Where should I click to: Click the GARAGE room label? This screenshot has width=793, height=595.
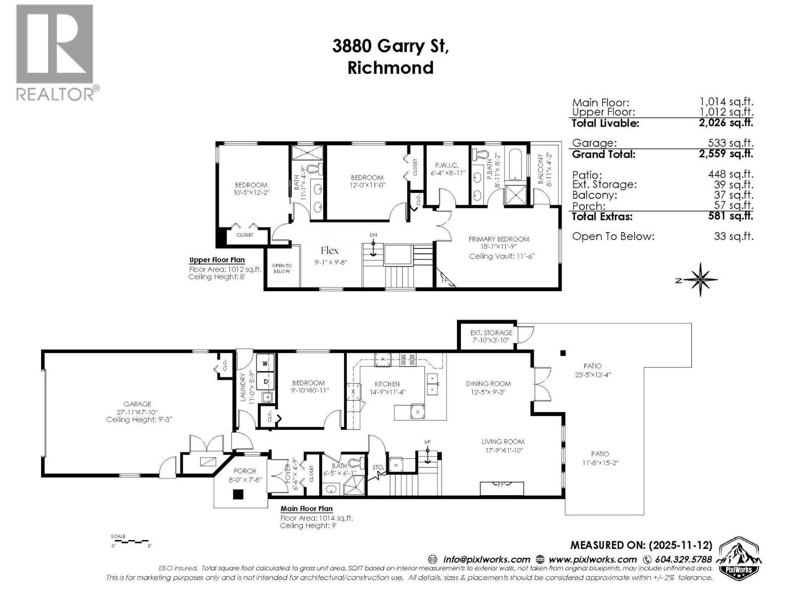click(x=137, y=404)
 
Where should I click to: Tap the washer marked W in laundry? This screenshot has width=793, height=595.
click(x=265, y=363)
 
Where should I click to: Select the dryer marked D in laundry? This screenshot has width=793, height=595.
click(x=266, y=381)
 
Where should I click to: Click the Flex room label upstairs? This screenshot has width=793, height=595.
click(x=330, y=250)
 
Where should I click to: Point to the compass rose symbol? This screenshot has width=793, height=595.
click(x=700, y=280)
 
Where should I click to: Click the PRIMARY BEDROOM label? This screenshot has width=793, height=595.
click(x=499, y=239)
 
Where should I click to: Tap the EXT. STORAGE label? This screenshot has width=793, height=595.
click(x=491, y=333)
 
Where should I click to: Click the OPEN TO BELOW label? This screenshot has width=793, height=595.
click(x=282, y=268)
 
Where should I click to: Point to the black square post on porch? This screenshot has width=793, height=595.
click(x=238, y=494)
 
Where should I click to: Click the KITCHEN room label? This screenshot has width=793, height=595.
click(x=387, y=384)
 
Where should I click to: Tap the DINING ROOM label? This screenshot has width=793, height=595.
click(x=488, y=383)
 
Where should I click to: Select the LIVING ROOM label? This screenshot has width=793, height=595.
click(x=503, y=441)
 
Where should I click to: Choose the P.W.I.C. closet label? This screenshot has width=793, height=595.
click(x=447, y=165)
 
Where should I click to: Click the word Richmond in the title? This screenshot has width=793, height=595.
click(x=390, y=67)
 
